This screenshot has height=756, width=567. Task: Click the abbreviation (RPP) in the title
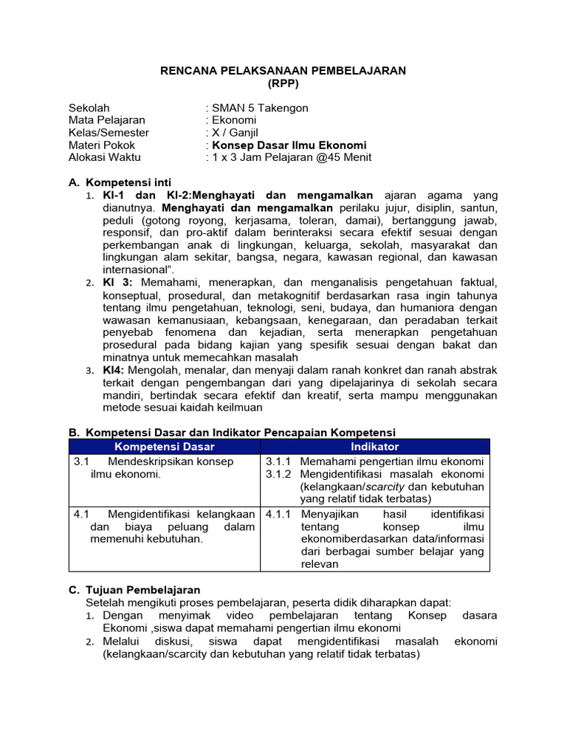[x=283, y=83]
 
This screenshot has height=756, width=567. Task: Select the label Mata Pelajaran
[x=106, y=120]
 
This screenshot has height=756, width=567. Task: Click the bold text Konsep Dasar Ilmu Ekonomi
[x=289, y=145]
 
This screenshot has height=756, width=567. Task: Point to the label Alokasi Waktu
[x=104, y=158]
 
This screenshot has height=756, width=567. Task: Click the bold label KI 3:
[x=117, y=283]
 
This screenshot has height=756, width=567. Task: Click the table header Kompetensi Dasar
[x=164, y=447]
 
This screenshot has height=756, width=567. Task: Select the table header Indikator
[x=374, y=447]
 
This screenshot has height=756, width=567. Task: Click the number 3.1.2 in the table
[x=279, y=474]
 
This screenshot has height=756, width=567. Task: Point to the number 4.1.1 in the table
[x=279, y=514]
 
